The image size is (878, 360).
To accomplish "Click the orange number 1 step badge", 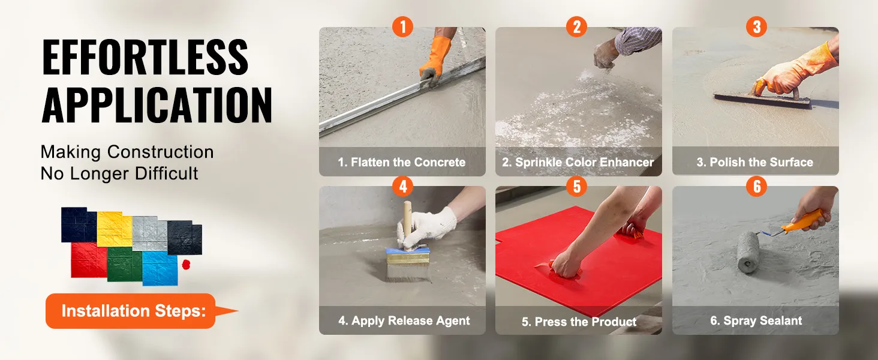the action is [x=402, y=26].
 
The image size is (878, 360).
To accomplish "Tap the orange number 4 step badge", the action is [x=403, y=186].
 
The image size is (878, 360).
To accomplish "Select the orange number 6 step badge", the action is [x=757, y=186].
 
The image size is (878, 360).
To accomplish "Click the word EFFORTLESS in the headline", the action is [x=145, y=57].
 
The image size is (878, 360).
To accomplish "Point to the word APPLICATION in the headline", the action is [x=157, y=105].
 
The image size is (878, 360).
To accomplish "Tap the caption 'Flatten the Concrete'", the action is [x=408, y=162].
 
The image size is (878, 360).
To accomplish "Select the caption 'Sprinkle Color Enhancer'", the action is [x=584, y=162].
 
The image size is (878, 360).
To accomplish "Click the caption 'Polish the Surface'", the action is [x=762, y=162].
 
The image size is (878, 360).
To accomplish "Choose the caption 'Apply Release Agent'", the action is [x=410, y=321].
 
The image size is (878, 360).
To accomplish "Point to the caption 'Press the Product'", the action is [x=585, y=322].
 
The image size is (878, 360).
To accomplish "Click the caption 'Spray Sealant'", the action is [x=763, y=321].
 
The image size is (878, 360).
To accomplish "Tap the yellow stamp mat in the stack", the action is [x=115, y=229].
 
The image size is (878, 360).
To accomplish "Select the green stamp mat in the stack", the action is [x=125, y=264].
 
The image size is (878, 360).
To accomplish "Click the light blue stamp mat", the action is [x=160, y=268].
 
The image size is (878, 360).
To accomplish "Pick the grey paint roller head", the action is [x=748, y=252].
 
